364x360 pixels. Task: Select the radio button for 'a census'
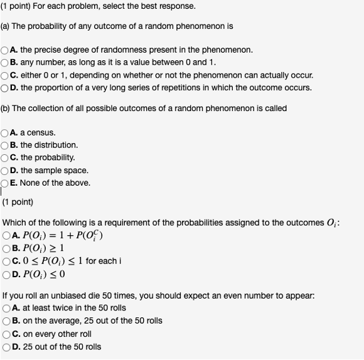point(5,133)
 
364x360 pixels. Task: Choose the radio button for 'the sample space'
point(5,171)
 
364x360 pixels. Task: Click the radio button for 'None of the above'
point(5,183)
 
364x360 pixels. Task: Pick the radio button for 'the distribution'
point(5,146)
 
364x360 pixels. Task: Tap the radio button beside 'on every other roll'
point(6,334)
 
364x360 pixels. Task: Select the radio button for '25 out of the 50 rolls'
point(6,347)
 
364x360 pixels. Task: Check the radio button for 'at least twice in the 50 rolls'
point(6,308)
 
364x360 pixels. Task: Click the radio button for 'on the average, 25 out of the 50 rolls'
point(6,321)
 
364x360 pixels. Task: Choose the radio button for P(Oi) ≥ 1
point(6,248)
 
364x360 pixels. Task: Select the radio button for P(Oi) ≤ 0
point(6,274)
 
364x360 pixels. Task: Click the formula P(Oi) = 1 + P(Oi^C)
point(65,236)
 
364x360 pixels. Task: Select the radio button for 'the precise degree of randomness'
point(5,50)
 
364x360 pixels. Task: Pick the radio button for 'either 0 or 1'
point(5,75)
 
